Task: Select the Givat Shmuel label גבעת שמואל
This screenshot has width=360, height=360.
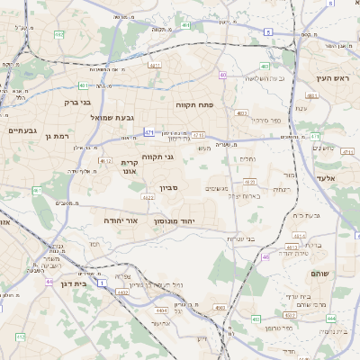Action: coord(112,117)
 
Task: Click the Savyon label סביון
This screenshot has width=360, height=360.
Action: coord(170,187)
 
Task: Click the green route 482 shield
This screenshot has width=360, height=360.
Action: coord(59,34)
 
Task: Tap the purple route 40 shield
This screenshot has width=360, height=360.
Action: coord(222,75)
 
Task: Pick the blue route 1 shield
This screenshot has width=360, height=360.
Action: coord(102,283)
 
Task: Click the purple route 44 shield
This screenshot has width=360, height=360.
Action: coord(49,281)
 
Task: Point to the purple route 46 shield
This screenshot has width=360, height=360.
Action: coord(265,257)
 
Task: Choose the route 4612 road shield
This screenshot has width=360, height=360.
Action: coord(105,161)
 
